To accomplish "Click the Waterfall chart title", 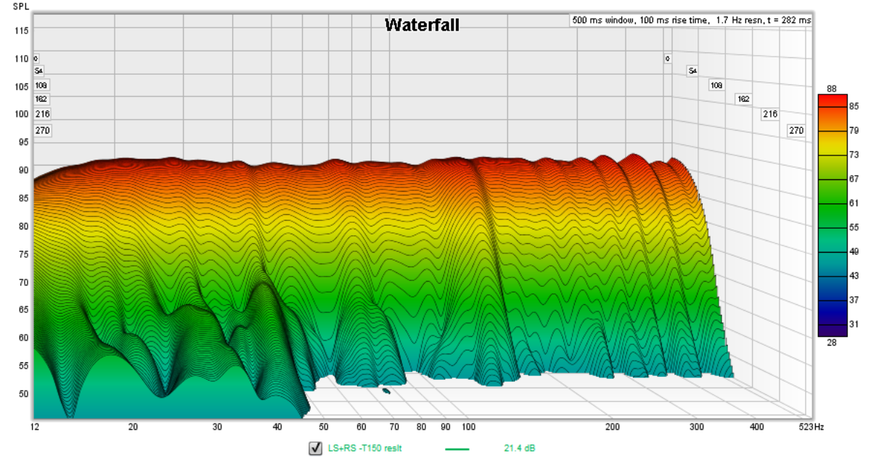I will (422, 25).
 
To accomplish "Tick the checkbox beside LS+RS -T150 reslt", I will (315, 448).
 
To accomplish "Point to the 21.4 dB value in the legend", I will (519, 448).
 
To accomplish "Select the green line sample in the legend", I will (457, 449).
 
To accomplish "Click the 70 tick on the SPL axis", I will (23, 282).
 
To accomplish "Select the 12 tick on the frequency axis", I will (34, 427).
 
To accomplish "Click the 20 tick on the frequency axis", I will (133, 427).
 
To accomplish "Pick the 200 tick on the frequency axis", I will (612, 427).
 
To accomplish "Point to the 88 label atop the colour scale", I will (832, 89).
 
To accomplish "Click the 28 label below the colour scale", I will (832, 342).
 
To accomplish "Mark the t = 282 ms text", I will (788, 20).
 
